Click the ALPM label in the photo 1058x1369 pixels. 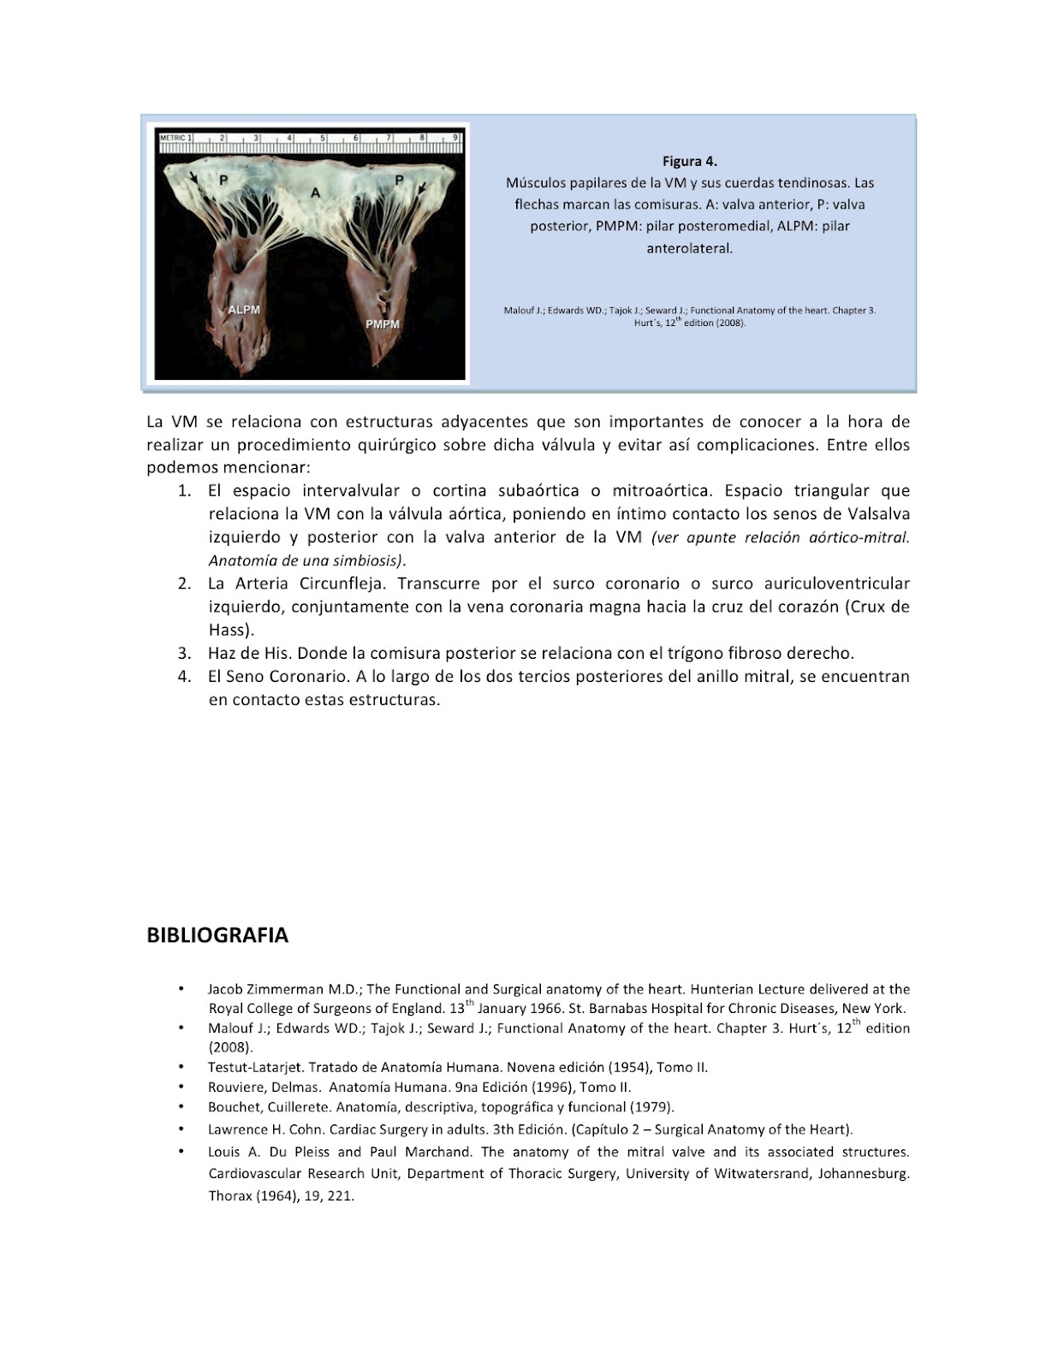pyautogui.click(x=244, y=309)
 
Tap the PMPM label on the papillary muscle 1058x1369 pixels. pyautogui.click(x=383, y=324)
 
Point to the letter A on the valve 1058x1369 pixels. pyautogui.click(x=315, y=193)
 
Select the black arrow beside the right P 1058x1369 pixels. pyautogui.click(x=420, y=196)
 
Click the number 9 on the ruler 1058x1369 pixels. pyautogui.click(x=455, y=137)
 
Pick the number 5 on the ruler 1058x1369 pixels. pyautogui.click(x=322, y=137)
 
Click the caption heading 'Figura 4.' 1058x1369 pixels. pyautogui.click(x=689, y=161)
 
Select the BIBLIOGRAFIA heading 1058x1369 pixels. pyautogui.click(x=217, y=935)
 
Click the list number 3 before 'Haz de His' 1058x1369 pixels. pyautogui.click(x=184, y=653)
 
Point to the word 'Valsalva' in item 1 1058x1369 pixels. pyautogui.click(x=878, y=514)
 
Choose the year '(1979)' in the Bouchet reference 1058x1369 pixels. pyautogui.click(x=651, y=1106)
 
